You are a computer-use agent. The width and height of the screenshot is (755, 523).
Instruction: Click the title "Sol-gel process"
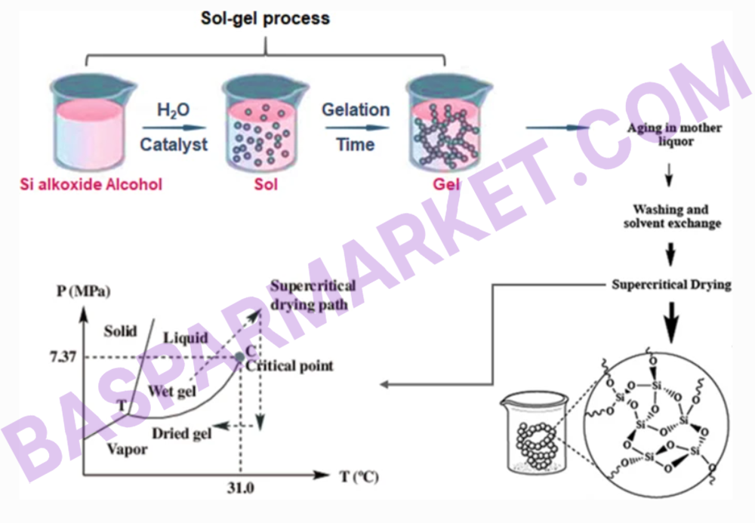(x=265, y=18)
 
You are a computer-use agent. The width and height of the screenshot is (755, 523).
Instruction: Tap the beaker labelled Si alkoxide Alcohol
(x=91, y=122)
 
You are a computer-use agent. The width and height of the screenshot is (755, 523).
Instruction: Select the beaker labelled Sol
(x=263, y=123)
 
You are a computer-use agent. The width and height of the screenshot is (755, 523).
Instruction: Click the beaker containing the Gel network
(x=448, y=123)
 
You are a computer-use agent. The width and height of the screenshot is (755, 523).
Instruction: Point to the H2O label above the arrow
(x=174, y=110)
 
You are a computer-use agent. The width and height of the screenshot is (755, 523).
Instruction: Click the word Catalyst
(x=174, y=144)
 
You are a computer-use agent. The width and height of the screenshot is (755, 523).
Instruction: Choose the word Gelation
(x=356, y=109)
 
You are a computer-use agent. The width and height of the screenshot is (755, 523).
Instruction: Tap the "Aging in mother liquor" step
(x=674, y=135)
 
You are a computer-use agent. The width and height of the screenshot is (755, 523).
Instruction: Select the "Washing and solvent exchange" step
(x=672, y=217)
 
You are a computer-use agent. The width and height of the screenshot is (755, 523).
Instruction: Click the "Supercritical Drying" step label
(x=671, y=285)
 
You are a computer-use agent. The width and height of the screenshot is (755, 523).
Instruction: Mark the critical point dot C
(x=239, y=357)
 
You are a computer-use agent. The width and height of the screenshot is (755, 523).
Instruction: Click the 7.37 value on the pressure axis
(x=63, y=357)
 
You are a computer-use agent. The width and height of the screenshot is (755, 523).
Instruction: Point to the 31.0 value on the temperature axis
(x=240, y=488)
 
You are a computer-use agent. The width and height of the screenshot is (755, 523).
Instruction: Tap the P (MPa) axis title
(x=83, y=291)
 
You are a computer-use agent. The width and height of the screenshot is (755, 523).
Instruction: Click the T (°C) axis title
(x=359, y=477)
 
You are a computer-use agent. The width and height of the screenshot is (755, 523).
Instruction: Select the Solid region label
(x=120, y=331)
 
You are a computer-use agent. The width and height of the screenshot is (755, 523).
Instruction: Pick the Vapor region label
(x=127, y=449)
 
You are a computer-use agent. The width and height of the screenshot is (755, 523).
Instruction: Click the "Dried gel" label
(x=181, y=434)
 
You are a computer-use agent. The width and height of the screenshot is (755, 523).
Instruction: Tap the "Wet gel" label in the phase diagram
(x=172, y=391)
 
